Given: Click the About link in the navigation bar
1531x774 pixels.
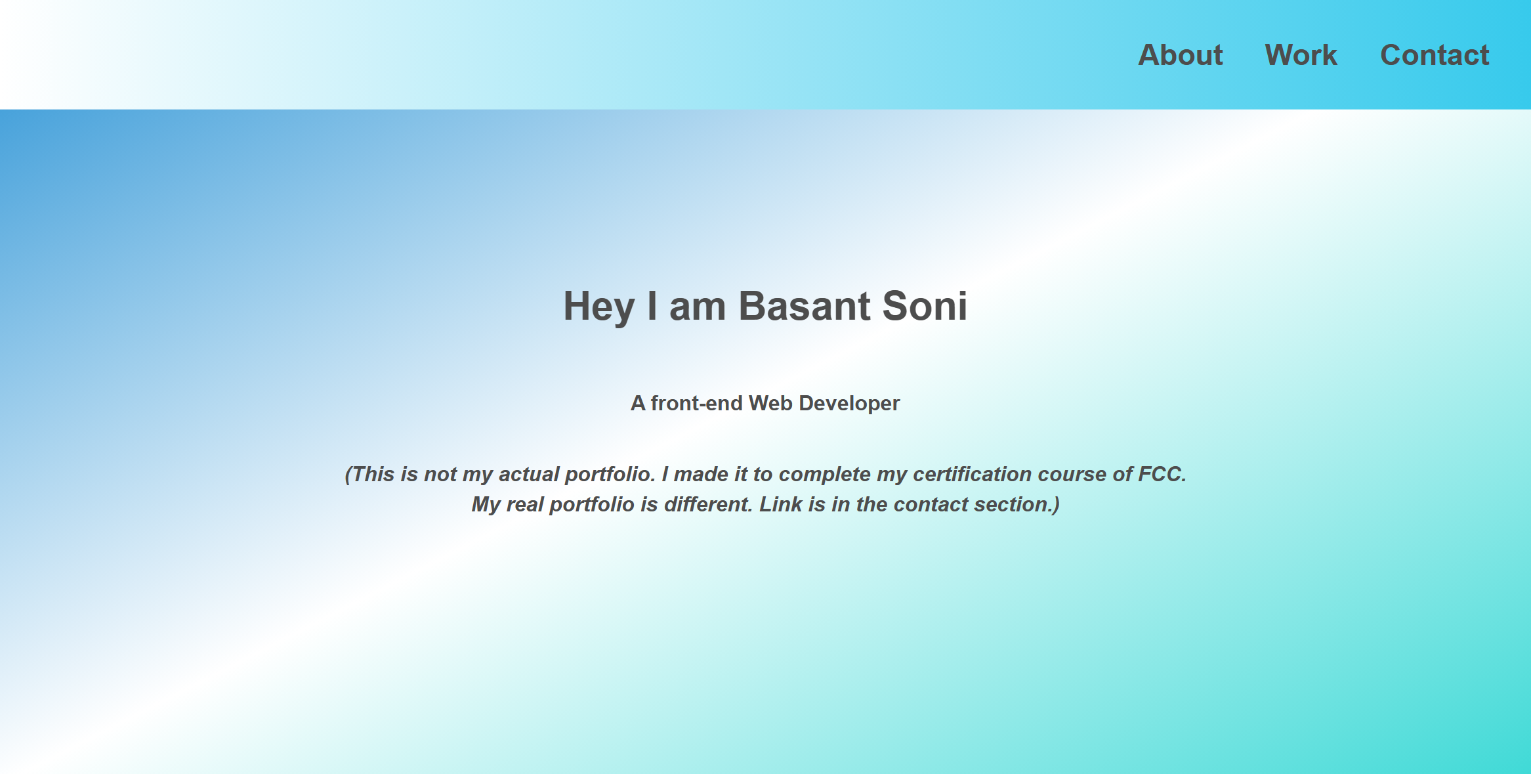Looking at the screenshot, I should (1180, 55).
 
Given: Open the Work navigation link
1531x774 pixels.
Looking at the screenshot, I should (1301, 55).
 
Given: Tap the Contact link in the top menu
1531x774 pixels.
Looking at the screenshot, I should (1435, 55).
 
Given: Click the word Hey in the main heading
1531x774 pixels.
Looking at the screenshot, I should (598, 307).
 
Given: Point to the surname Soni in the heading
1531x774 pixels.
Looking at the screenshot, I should (925, 306).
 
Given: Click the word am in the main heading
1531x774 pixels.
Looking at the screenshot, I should (697, 307).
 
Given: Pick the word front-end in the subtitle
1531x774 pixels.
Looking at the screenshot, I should (696, 403).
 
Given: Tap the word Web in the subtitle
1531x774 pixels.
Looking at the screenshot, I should (770, 403).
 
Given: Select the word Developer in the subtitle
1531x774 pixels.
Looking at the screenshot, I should (849, 403).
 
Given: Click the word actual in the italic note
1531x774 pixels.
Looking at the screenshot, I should (529, 474).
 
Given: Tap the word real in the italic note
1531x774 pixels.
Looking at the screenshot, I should (524, 504).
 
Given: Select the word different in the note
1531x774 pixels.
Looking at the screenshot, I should (707, 504).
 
